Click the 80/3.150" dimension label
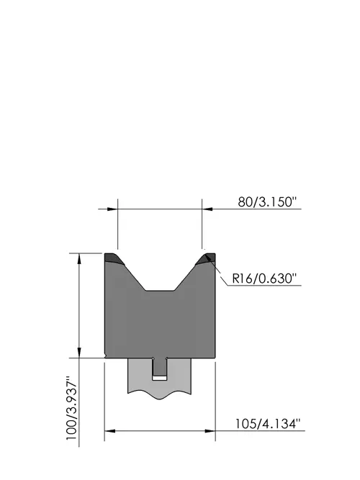click(267, 202)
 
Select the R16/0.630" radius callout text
click(265, 279)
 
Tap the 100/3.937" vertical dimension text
click(72, 408)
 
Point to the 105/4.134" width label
click(267, 424)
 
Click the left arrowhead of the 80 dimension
click(112, 209)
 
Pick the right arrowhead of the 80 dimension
click(207, 209)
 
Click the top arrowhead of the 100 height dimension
click(79, 259)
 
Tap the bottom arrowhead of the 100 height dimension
click(79, 352)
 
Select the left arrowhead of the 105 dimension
click(110, 431)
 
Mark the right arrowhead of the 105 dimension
click(210, 431)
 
